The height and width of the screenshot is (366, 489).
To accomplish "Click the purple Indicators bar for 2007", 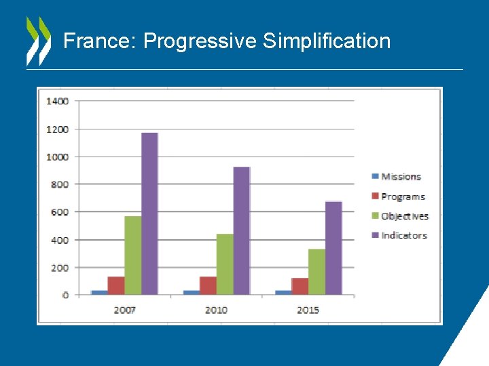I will [149, 213].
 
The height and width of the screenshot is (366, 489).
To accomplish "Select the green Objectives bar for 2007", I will [132, 256].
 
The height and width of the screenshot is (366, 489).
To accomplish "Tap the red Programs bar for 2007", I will [116, 285].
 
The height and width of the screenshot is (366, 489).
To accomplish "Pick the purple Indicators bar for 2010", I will [241, 230].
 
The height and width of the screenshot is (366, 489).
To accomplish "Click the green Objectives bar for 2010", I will [225, 264].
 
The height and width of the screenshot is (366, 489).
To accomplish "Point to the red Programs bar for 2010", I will [208, 285].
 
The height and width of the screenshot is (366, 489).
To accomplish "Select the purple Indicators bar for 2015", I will [333, 248].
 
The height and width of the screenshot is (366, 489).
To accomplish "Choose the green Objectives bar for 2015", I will [316, 272].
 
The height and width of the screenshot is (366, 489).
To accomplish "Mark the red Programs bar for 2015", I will [300, 286].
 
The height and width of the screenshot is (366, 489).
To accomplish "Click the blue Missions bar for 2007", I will [100, 292].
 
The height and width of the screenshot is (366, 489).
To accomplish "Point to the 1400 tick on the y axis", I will [57, 101].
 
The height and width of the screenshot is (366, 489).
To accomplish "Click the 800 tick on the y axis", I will [59, 184].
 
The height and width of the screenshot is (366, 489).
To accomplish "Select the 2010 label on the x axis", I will [216, 310].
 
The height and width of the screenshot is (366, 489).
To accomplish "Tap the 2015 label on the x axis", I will [308, 310].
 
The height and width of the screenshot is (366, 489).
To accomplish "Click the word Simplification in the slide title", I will [327, 41].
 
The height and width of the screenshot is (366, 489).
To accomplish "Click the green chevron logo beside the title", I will [38, 41].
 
